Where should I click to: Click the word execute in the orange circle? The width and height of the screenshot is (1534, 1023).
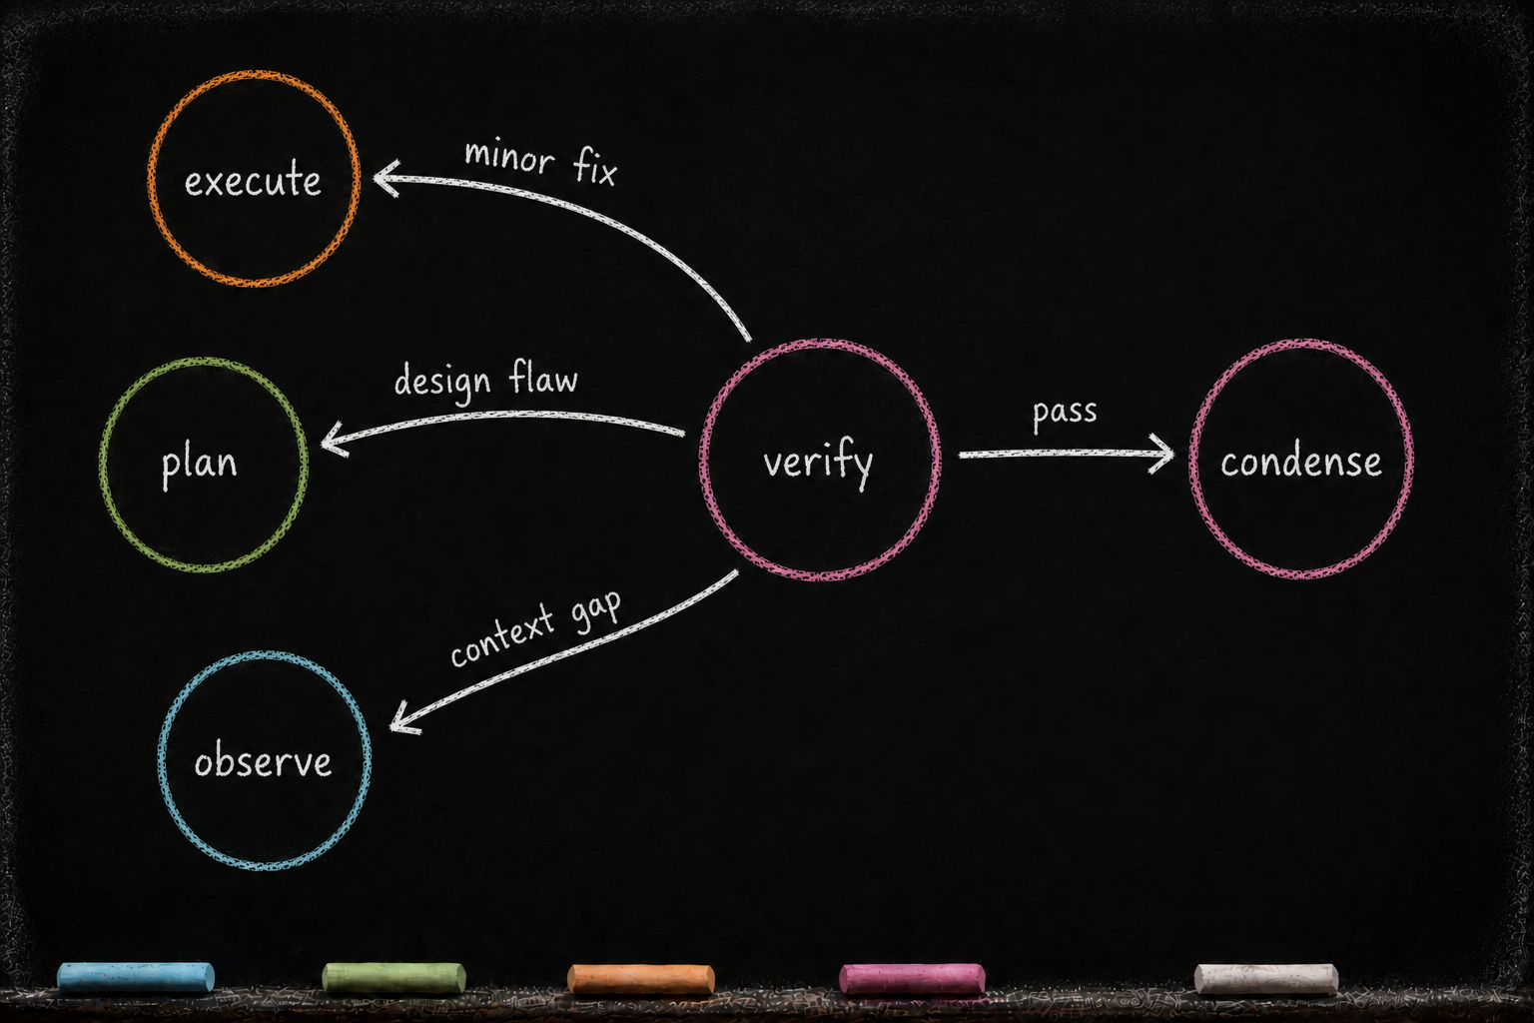point(253,180)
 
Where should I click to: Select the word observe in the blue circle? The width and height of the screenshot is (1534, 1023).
point(263,759)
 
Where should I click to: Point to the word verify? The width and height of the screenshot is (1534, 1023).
point(818,463)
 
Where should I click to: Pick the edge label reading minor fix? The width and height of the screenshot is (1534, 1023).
point(541,162)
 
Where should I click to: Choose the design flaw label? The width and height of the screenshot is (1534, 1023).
point(486,381)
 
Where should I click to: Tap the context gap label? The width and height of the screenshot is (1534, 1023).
point(536,628)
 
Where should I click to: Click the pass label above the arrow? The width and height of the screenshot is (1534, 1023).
point(1065,414)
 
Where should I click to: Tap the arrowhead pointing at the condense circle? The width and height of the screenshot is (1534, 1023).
point(1162,453)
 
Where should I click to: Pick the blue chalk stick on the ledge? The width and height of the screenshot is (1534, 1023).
point(136,977)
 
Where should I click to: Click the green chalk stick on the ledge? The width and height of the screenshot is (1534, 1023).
point(393,978)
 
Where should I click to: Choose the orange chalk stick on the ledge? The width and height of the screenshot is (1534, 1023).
point(641,978)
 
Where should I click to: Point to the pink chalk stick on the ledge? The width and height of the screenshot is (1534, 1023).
point(912,978)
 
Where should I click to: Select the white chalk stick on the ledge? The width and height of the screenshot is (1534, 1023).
point(1266,978)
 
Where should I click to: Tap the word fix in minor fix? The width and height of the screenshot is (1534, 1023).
point(594,167)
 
